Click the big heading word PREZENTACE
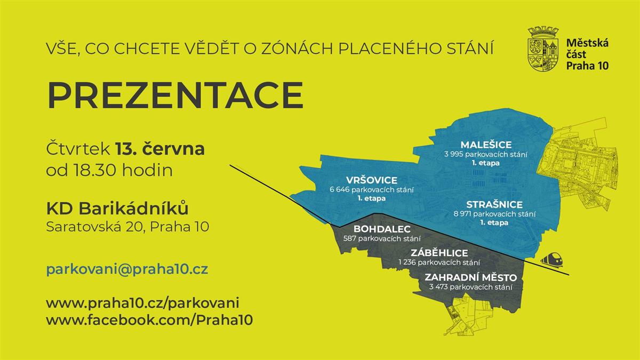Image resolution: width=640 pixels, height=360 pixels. click(x=175, y=95)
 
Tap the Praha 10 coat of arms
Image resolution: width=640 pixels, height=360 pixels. click(x=543, y=49)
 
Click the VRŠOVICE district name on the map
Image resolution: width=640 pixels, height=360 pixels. click(x=371, y=180)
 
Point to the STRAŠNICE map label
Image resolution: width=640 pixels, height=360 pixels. click(x=494, y=205)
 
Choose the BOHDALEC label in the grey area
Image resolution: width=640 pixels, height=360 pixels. click(x=382, y=229)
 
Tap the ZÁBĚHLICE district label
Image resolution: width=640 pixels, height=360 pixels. click(x=439, y=253)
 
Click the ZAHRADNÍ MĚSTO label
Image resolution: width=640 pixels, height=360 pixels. click(x=471, y=277)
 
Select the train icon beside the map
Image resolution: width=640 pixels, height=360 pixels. click(x=551, y=259)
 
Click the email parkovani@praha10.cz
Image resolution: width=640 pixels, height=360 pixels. click(x=127, y=269)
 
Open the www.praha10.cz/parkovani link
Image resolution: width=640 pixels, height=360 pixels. click(x=142, y=303)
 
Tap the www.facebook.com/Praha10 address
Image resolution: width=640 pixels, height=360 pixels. click(x=149, y=319)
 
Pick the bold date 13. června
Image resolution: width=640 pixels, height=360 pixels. click(x=160, y=149)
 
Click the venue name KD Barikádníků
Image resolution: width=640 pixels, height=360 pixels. click(x=117, y=209)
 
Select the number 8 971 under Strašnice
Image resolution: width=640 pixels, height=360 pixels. click(x=462, y=214)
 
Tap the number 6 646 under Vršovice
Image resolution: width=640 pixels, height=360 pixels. click(x=339, y=190)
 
